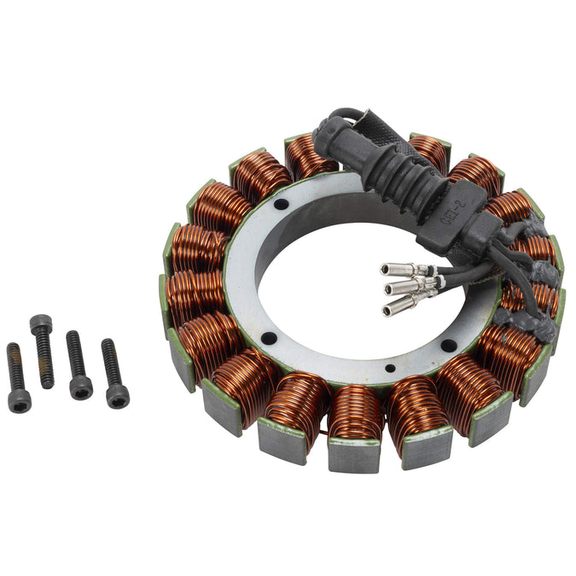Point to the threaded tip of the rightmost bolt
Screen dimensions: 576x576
(108, 346)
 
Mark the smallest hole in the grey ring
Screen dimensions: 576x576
(390, 369)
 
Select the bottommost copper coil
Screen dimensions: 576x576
(355, 413)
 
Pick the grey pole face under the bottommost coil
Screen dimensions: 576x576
(354, 457)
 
